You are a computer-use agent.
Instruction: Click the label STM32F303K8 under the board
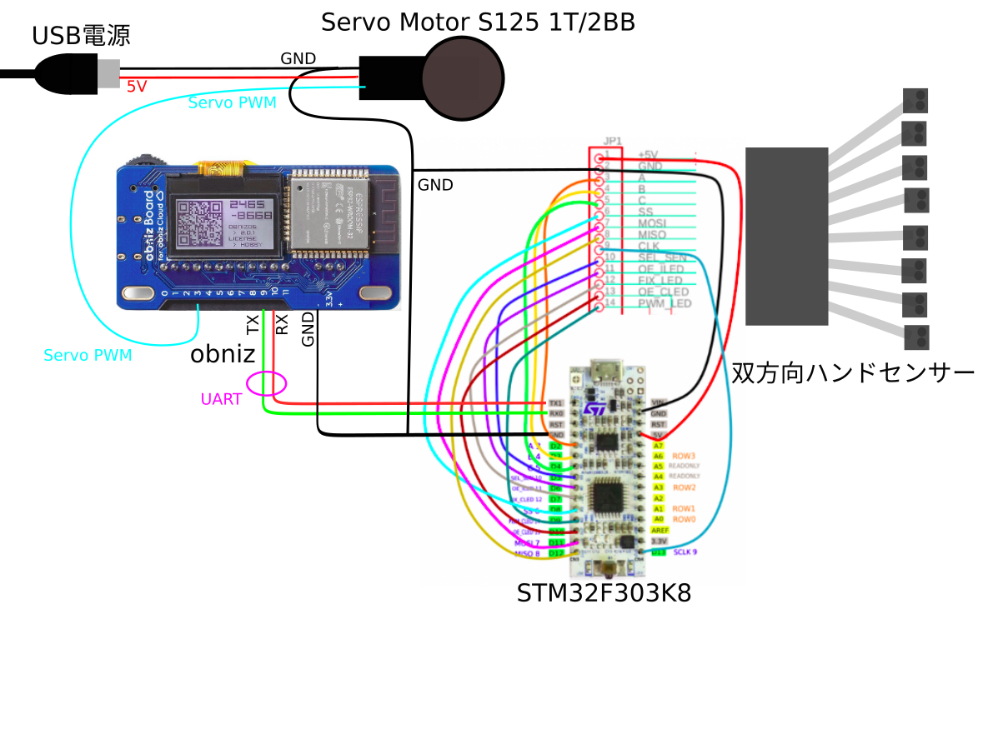click(x=604, y=593)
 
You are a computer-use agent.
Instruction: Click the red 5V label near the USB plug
click(x=137, y=86)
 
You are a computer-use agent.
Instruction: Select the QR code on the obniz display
click(x=200, y=225)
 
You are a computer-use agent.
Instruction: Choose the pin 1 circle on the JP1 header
click(x=598, y=158)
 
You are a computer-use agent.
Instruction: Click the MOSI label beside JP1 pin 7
click(x=652, y=223)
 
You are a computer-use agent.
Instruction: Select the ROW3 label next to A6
click(x=685, y=456)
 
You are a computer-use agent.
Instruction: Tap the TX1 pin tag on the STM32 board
click(x=556, y=402)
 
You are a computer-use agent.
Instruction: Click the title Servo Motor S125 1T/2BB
click(x=478, y=22)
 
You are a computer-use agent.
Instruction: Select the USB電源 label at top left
click(x=81, y=36)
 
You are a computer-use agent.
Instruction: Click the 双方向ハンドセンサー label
click(x=852, y=372)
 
